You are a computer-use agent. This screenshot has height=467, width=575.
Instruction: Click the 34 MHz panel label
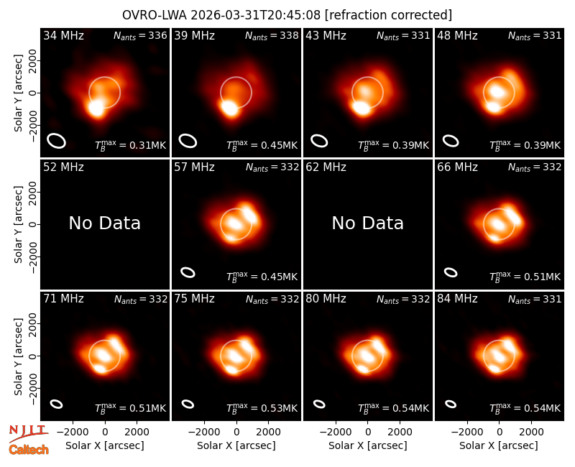(63, 35)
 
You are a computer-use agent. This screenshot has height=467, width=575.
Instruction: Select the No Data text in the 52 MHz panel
(104, 223)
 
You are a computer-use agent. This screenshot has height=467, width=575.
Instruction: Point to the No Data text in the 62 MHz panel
(367, 223)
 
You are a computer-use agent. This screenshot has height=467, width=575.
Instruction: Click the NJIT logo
(28, 433)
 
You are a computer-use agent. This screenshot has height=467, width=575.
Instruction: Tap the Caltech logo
(29, 450)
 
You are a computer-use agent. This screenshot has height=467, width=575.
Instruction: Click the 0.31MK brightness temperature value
(143, 146)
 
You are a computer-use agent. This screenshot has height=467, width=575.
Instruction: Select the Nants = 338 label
(272, 35)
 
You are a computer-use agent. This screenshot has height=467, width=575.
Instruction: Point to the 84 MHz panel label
(457, 299)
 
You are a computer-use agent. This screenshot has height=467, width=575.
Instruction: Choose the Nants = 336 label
(140, 35)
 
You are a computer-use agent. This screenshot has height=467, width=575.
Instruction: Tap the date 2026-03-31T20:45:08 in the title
(255, 15)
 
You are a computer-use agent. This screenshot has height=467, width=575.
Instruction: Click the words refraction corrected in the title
(388, 15)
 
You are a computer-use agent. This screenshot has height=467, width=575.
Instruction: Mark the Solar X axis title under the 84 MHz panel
(499, 445)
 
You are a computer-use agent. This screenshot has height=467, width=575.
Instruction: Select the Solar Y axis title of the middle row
(18, 224)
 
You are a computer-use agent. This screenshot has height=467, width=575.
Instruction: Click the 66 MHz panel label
(457, 167)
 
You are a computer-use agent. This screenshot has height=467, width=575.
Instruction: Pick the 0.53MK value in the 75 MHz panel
(275, 408)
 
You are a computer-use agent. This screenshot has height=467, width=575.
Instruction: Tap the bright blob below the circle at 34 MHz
(96, 108)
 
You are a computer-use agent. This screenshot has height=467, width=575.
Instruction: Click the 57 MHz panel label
(194, 167)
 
